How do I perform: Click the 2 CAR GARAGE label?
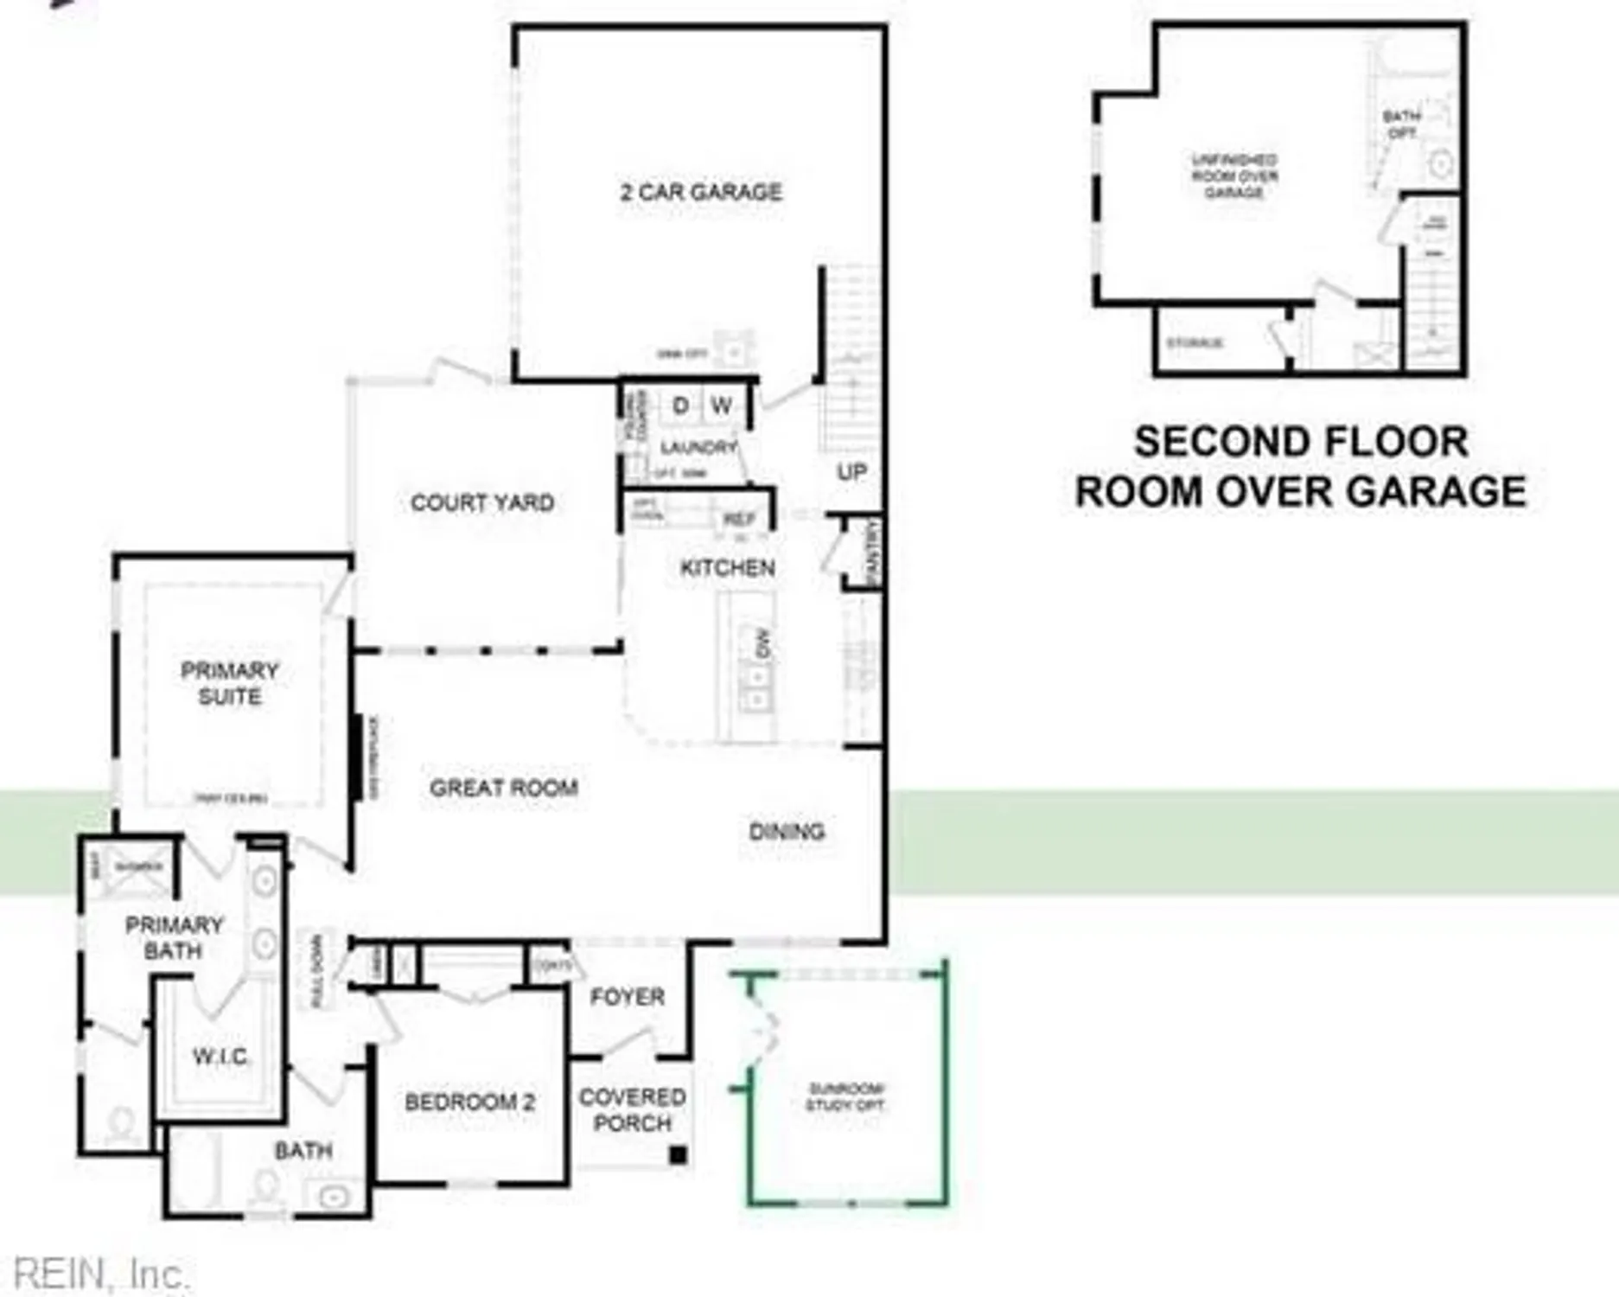tap(701, 192)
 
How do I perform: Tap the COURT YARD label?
tap(482, 502)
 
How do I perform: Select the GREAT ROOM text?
tap(504, 788)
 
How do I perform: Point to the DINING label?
tap(787, 832)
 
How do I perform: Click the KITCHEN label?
tap(728, 568)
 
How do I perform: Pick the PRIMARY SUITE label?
tap(230, 683)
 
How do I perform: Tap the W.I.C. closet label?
tap(220, 1057)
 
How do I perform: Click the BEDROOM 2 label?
tap(470, 1102)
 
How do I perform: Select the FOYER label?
tap(628, 997)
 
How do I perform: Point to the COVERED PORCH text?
tap(633, 1110)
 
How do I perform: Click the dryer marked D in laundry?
tap(680, 406)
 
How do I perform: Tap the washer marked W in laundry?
tap(722, 406)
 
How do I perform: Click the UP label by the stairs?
tap(851, 472)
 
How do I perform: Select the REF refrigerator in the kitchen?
tap(739, 519)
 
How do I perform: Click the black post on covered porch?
tap(679, 1154)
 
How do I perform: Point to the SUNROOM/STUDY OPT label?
tap(845, 1096)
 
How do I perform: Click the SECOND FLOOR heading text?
tap(1301, 442)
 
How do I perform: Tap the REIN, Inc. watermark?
tap(102, 1275)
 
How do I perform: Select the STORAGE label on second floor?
tap(1195, 343)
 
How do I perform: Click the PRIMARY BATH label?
tap(174, 938)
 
